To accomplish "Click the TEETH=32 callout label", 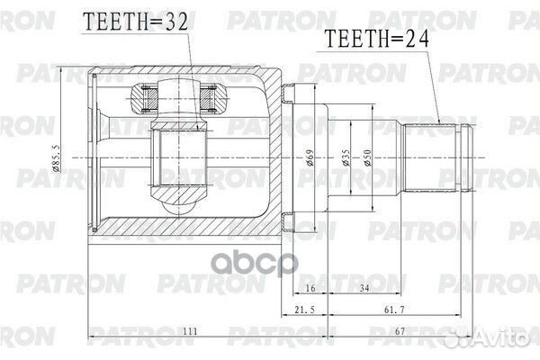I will pyautogui.click(x=137, y=23).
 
